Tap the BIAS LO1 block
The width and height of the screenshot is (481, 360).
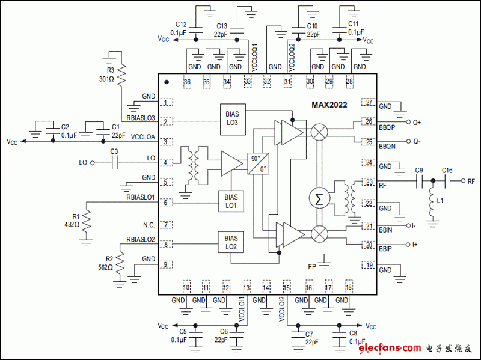pyautogui.click(x=231, y=201)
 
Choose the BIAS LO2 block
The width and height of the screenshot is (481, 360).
pyautogui.click(x=231, y=242)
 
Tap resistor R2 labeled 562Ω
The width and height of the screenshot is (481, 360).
pyautogui.click(x=120, y=262)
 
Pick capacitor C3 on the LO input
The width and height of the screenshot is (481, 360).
pyautogui.click(x=115, y=162)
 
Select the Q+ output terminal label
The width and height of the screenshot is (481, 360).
pyautogui.click(x=417, y=122)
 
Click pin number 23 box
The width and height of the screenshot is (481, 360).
pyautogui.click(x=369, y=183)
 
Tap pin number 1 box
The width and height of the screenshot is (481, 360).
pyautogui.click(x=165, y=103)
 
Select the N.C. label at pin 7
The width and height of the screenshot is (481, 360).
pyautogui.click(x=149, y=225)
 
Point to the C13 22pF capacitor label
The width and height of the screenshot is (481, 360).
pyautogui.click(x=221, y=30)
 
